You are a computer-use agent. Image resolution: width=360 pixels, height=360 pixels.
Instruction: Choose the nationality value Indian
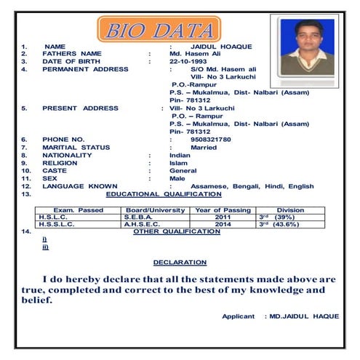(180, 155)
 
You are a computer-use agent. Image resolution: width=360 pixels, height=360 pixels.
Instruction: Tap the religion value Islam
(179, 163)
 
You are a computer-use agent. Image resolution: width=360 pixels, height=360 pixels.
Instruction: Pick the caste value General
(183, 171)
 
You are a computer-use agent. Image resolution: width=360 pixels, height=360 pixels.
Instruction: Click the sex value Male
(177, 178)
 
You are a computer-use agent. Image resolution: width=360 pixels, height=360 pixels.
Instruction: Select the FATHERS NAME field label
(72, 54)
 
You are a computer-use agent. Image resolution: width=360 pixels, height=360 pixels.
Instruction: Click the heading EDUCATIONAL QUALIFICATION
(164, 194)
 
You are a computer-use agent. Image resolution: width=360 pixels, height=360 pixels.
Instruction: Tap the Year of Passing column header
(223, 210)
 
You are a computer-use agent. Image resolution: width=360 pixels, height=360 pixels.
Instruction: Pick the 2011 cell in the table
(223, 217)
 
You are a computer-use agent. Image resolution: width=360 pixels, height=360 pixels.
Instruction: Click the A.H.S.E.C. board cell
(142, 225)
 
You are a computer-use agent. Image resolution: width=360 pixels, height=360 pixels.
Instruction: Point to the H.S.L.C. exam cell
(53, 217)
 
